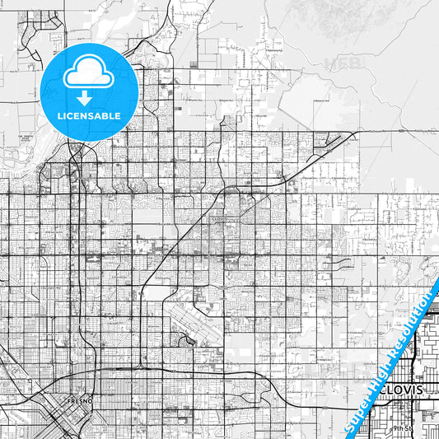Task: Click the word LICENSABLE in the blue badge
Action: pos(89,116)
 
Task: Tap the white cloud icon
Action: pos(89,75)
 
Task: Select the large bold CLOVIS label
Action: pos(396,389)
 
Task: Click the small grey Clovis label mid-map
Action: pos(218,220)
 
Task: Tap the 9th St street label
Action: pos(402,428)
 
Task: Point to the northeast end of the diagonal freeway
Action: pos(354,132)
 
